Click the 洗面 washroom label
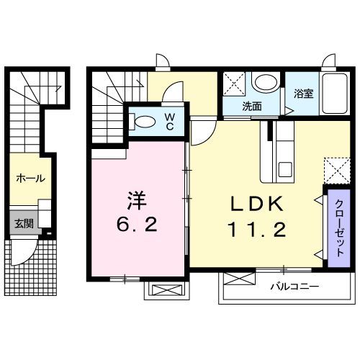251,106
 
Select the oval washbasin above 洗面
266,84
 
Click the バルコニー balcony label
294,287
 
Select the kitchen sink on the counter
282,169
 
